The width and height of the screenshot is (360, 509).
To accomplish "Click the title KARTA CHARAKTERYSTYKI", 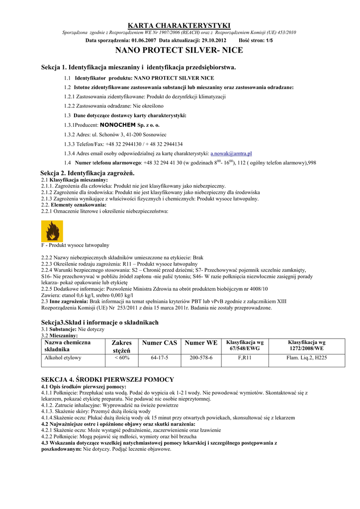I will tap(180, 25).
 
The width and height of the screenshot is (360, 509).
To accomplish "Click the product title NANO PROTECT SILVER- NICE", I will tap(180, 51).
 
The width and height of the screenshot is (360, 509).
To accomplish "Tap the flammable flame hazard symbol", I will tap(51, 231).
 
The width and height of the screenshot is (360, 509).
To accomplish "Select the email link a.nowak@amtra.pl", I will tap(231, 154).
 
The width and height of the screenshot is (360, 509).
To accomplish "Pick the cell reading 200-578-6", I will tap(201, 358).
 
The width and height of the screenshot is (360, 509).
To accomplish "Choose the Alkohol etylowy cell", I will tap(63, 358).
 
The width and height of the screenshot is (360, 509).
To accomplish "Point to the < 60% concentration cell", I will tap(122, 358).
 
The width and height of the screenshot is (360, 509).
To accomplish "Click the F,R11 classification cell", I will tap(245, 358).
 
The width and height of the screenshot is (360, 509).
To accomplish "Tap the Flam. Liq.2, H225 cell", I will tap(307, 358).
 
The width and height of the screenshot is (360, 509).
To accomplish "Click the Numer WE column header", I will tap(201, 343).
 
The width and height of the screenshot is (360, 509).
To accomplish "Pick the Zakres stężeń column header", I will tap(122, 346).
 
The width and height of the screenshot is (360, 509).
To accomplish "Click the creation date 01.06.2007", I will tap(145, 40).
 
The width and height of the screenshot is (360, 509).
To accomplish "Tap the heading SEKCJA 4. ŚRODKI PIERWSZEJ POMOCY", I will tap(107, 379).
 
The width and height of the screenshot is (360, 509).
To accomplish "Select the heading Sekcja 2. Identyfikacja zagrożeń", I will tap(88, 172).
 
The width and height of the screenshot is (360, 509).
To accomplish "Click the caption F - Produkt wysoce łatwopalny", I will tap(75, 246).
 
